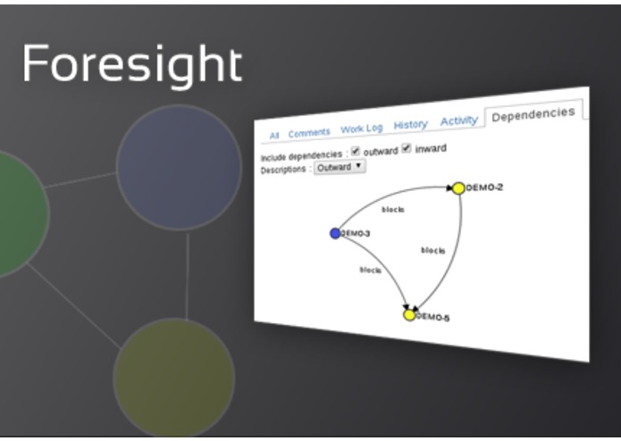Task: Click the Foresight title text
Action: [131, 64]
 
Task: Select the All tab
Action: [274, 135]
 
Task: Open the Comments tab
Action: [308, 132]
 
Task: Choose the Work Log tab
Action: [361, 129]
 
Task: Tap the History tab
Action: [410, 125]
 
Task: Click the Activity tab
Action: [459, 121]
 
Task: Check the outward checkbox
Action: [356, 151]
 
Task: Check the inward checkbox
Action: [407, 148]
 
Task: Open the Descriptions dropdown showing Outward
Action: [339, 166]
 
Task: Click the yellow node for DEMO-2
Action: [458, 188]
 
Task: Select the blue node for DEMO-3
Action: [335, 233]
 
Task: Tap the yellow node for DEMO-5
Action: [409, 315]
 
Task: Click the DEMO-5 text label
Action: [433, 317]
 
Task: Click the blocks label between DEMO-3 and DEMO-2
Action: [392, 210]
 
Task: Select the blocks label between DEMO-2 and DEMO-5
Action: [433, 251]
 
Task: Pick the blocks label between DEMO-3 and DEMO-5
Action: [371, 269]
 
